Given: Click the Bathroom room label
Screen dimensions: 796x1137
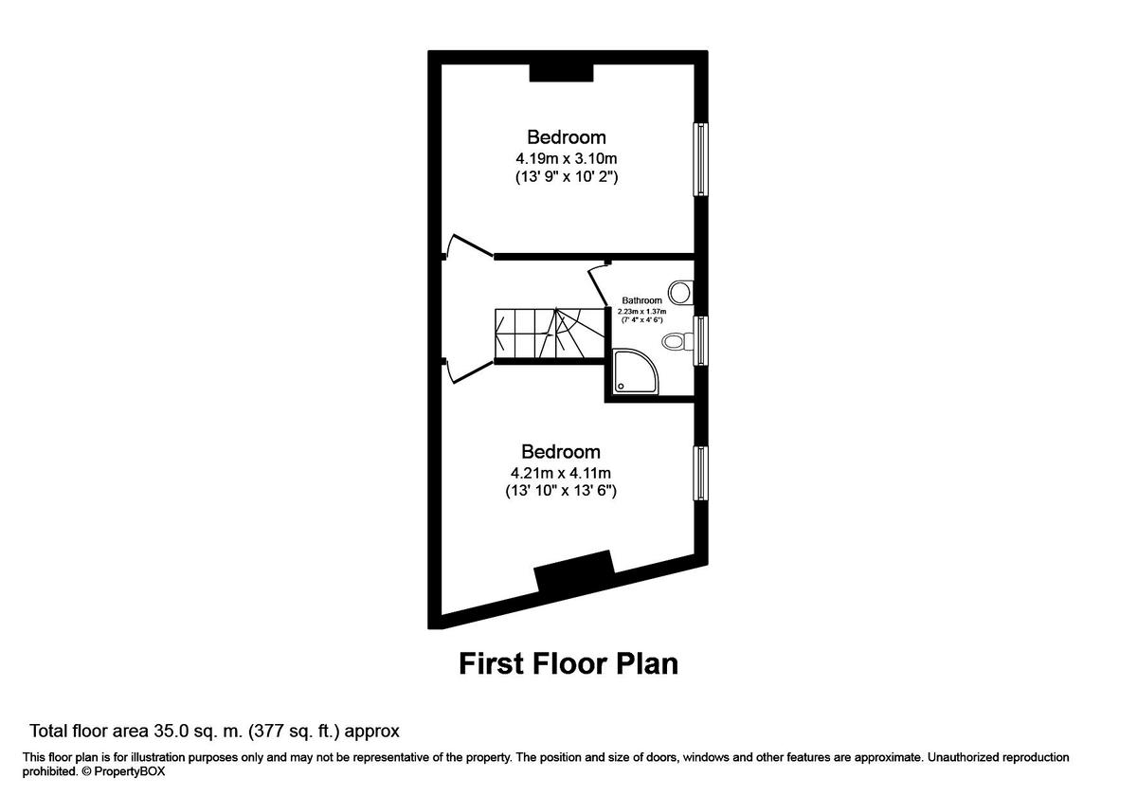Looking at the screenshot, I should click(x=641, y=300).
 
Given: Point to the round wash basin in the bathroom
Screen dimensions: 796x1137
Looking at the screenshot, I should click(x=679, y=289).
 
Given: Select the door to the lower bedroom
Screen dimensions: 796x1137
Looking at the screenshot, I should click(x=466, y=371).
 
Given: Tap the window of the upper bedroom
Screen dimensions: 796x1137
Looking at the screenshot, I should click(x=701, y=158).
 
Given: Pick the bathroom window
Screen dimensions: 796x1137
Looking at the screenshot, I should click(x=701, y=340).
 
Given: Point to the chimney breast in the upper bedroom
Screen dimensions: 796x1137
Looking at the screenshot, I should click(x=561, y=73).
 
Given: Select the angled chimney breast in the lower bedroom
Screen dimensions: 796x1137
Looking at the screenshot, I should click(x=574, y=571).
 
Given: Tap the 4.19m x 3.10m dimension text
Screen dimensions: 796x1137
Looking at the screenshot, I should click(x=566, y=157).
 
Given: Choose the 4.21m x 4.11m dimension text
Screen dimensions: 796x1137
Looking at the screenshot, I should click(x=561, y=472).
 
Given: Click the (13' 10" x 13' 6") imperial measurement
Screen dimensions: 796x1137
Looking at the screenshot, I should click(x=561, y=491).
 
